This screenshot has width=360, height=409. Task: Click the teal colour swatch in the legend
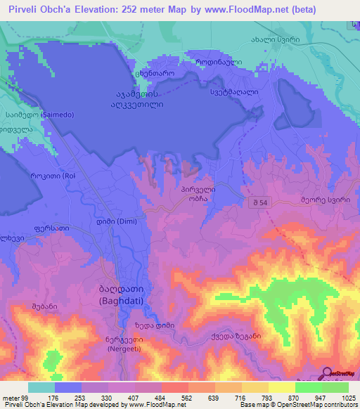(x=41, y=387)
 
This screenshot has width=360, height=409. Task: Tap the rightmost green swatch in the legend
(x=335, y=387)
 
